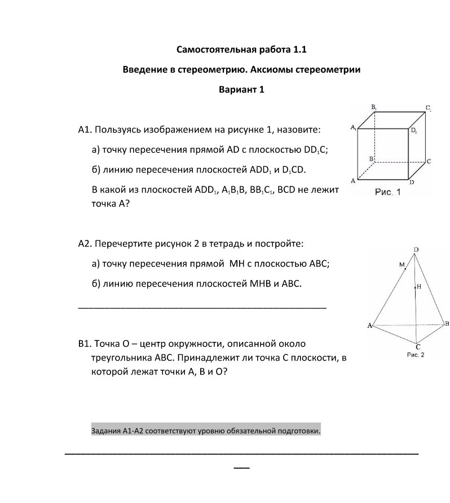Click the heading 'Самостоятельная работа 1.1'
(241, 50)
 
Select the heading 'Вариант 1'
(241, 89)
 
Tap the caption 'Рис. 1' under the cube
(387, 192)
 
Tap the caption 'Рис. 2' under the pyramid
(415, 355)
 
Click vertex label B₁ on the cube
(374, 106)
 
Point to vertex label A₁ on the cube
(353, 128)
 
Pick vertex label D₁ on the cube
(414, 131)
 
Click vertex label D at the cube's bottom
(411, 182)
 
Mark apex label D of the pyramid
(416, 250)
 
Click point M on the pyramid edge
(402, 264)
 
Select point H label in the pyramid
(419, 287)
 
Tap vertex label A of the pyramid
(370, 326)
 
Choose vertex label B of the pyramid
(447, 323)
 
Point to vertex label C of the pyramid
(418, 346)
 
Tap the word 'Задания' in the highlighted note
(105, 431)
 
